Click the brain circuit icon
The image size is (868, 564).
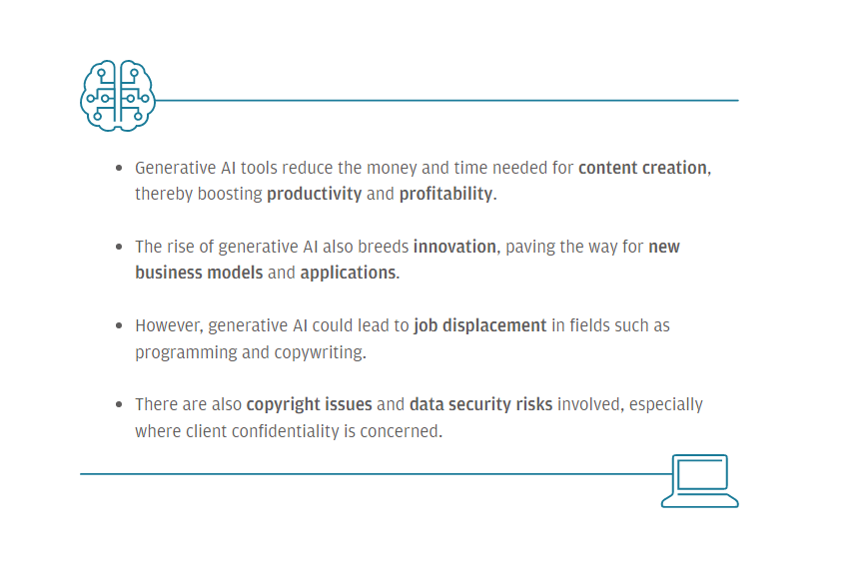click(x=117, y=95)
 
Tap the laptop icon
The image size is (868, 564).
click(x=700, y=481)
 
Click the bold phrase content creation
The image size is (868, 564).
click(x=642, y=168)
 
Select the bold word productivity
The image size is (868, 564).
click(x=314, y=195)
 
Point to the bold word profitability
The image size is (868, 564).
click(x=445, y=195)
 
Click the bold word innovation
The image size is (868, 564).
click(x=454, y=247)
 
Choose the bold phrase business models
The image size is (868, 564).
click(x=199, y=273)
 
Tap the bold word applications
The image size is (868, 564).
click(x=348, y=274)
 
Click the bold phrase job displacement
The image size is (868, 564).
click(x=479, y=326)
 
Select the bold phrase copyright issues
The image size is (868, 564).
click(x=309, y=405)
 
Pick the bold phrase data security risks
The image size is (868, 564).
click(x=481, y=405)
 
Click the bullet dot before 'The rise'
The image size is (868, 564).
click(x=119, y=247)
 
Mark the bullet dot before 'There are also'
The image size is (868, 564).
click(x=119, y=405)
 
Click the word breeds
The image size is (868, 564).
click(x=384, y=247)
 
